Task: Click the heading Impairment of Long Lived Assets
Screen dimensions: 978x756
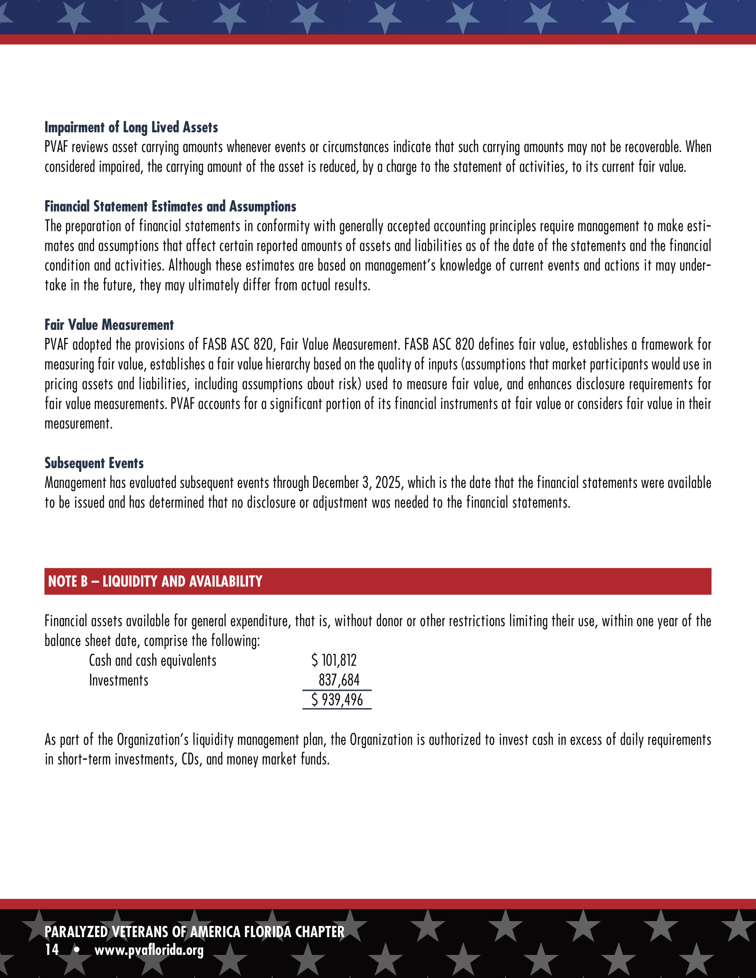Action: click(x=131, y=127)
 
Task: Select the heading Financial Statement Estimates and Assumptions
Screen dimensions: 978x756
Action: click(x=170, y=206)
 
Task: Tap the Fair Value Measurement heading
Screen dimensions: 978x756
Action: click(x=109, y=325)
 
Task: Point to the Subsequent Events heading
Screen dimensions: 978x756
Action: click(x=94, y=463)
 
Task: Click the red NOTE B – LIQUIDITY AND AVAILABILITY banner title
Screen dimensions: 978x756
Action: click(x=155, y=581)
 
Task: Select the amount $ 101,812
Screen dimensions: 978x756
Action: click(x=334, y=661)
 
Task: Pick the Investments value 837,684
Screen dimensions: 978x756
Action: click(x=338, y=680)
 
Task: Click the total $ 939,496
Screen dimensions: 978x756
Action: click(x=337, y=700)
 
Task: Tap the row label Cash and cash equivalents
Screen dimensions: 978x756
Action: click(x=152, y=661)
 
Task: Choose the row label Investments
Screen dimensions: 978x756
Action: click(x=118, y=680)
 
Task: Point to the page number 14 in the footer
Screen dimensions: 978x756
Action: click(x=52, y=950)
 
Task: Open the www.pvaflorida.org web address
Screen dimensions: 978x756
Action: click(x=149, y=950)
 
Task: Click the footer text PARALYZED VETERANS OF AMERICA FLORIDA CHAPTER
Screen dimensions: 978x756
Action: click(x=194, y=932)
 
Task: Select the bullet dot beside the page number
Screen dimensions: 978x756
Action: click(x=77, y=950)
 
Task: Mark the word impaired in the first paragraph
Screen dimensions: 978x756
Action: click(x=119, y=167)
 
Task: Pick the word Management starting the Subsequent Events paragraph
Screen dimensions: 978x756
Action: click(x=75, y=483)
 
